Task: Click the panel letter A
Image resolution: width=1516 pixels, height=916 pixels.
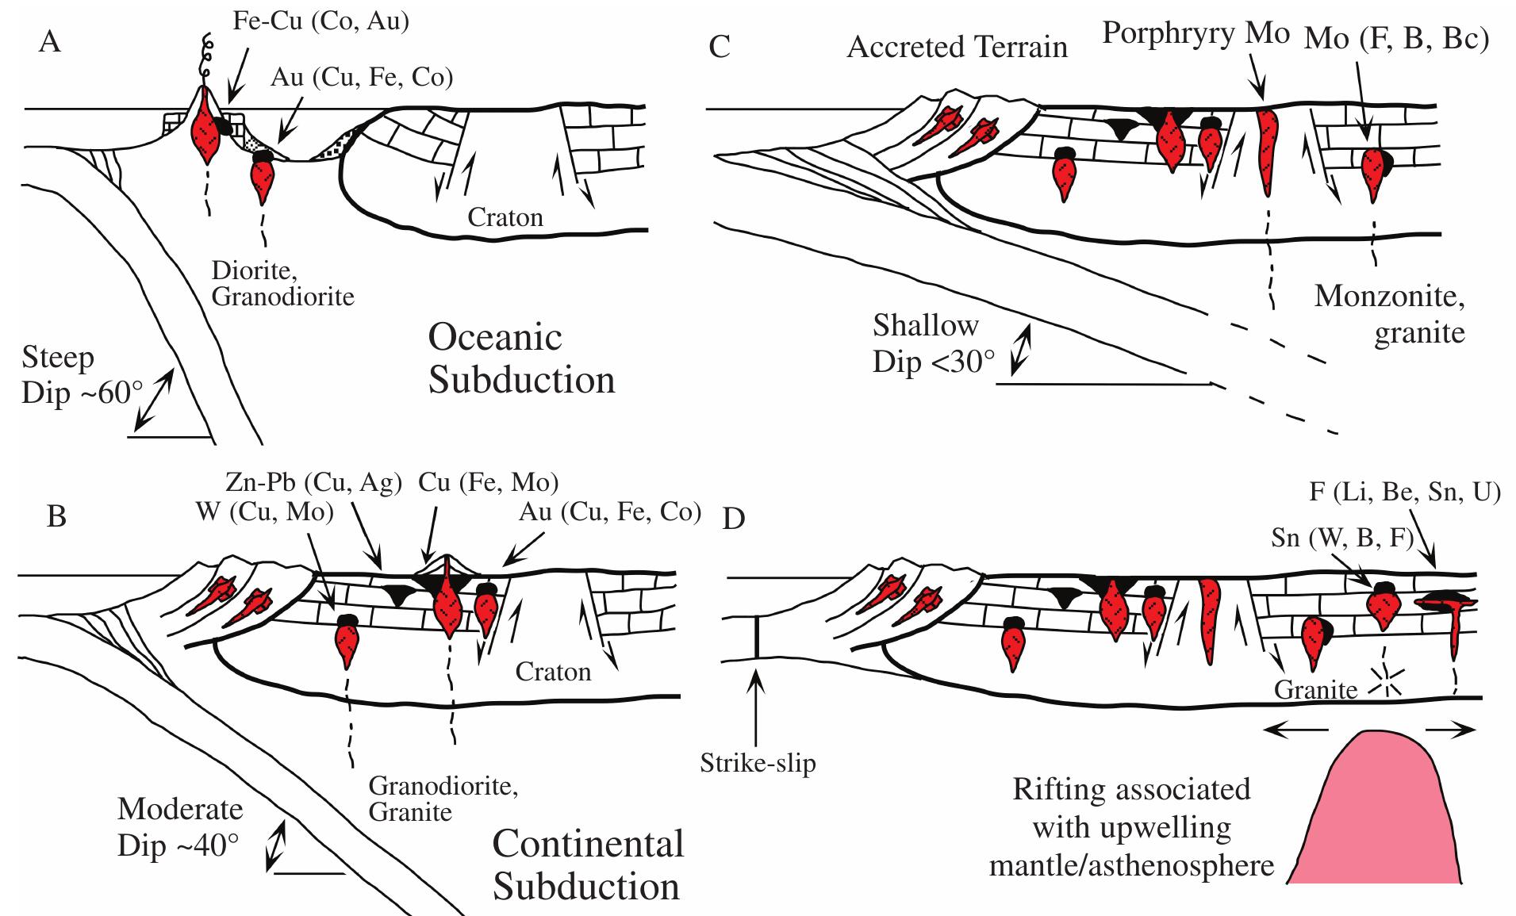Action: tap(49, 41)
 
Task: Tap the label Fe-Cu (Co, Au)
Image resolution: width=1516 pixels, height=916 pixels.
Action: tap(320, 21)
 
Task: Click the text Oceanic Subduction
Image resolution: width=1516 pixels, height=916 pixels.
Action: tap(521, 358)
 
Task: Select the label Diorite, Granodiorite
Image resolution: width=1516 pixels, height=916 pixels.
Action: tap(282, 283)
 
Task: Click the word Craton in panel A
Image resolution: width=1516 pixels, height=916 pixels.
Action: tap(505, 217)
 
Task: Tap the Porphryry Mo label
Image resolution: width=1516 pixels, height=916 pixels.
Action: tap(1196, 33)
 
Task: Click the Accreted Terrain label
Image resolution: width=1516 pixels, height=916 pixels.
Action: tap(957, 48)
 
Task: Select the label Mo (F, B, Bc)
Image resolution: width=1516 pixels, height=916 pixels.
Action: tap(1397, 39)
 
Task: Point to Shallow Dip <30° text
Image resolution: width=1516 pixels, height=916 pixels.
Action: tap(933, 343)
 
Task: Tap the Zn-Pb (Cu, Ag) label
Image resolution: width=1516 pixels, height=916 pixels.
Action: tap(313, 483)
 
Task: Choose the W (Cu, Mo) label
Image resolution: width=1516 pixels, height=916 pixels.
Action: tap(264, 512)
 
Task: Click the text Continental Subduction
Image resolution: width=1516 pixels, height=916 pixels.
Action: tap(587, 864)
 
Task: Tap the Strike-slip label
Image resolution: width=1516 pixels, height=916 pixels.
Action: tap(758, 763)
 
